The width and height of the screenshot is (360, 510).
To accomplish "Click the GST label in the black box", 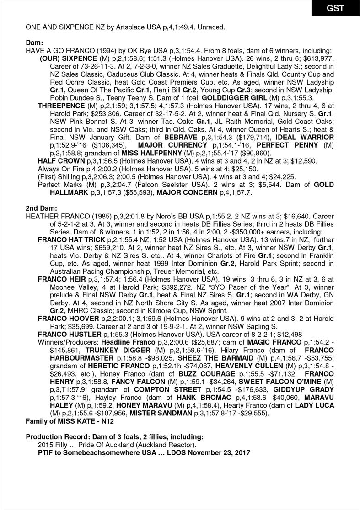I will tap(335, 8).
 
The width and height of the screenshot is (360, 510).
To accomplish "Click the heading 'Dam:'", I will tap(34, 42).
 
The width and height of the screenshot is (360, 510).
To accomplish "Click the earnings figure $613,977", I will tap(317, 59).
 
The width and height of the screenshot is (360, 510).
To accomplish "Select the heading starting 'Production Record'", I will tap(114, 437).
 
